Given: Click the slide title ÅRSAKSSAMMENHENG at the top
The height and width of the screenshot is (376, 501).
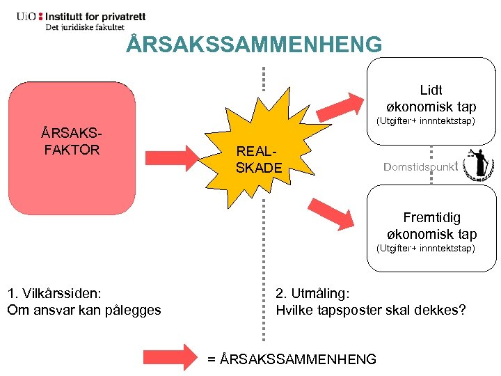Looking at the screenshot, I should [255, 45].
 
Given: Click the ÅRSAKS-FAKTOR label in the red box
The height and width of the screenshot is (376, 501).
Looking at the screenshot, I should [71, 141].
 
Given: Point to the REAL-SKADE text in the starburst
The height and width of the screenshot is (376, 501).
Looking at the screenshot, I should [259, 159].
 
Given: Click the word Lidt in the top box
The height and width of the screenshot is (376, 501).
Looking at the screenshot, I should [431, 90].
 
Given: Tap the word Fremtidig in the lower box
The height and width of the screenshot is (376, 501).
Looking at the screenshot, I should [431, 217].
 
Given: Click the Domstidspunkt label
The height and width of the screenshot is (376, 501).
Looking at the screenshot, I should [420, 166].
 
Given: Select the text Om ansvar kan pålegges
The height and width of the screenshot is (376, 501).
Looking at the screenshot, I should [84, 310].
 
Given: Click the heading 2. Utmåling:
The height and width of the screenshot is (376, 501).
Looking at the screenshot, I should [312, 292].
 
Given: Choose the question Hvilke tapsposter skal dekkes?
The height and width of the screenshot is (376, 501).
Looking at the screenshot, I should [371, 310].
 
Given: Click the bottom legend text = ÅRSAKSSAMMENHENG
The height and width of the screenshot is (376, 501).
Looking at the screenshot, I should [292, 359].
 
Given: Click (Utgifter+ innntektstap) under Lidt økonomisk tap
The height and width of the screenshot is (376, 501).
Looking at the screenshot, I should [426, 121].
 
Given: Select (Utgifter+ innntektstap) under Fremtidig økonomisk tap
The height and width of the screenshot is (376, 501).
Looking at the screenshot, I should [425, 248].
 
